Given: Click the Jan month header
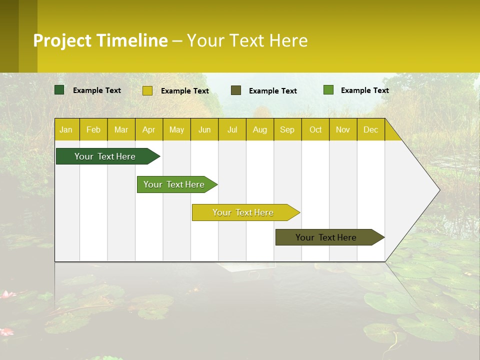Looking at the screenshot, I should tap(66, 130).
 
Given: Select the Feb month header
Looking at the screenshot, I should tap(93, 130).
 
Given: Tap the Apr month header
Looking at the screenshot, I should tap(148, 130).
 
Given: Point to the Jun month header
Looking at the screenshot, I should tap(204, 130).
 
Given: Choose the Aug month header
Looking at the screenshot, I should tap(259, 130).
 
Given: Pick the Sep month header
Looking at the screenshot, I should tap(287, 130).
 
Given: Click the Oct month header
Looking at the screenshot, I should tap(315, 130).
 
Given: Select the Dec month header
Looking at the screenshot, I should tap(370, 130).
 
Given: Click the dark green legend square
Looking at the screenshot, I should tap(59, 90).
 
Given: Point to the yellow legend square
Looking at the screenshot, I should tap(147, 90).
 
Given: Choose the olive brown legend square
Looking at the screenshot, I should tap(236, 90).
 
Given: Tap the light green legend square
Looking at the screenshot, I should tap(328, 90).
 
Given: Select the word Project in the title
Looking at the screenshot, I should tap(62, 40).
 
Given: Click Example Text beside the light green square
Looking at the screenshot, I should tap(364, 90).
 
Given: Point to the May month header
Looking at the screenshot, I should tap(176, 130).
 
